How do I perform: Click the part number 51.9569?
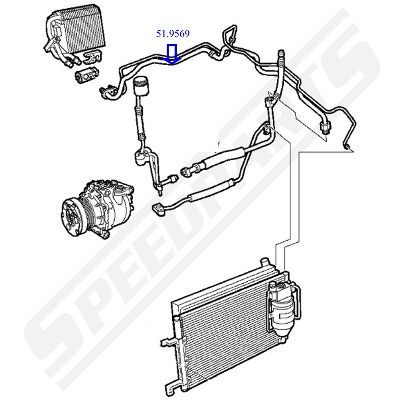[x=173, y=33]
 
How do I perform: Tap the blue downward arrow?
[x=172, y=54]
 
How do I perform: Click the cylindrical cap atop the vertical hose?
[x=141, y=86]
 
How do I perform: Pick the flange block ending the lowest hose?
[x=158, y=209]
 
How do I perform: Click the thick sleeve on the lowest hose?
[x=211, y=191]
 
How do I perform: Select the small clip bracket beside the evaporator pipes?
[x=92, y=57]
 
